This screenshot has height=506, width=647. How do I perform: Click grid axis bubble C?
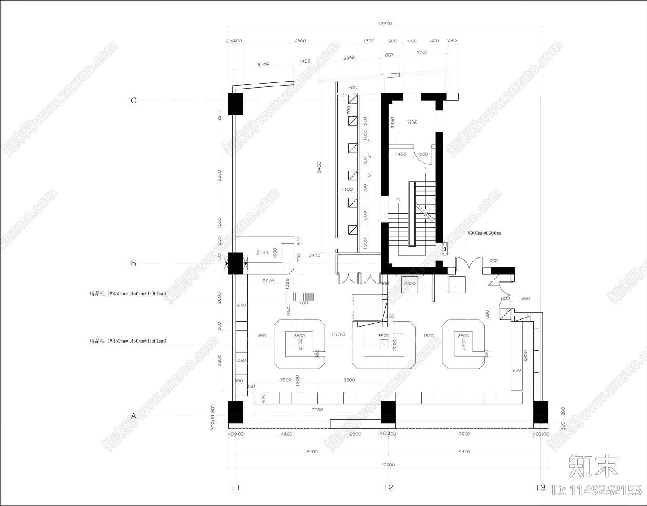pos(134,100)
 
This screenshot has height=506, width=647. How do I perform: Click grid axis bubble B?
pos(134,264)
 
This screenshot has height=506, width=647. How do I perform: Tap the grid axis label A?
pos(134,415)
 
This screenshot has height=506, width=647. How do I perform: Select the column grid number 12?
pos(388,488)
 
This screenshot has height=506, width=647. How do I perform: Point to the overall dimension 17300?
pos(385,23)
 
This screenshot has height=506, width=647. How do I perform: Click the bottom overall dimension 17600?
pos(388,465)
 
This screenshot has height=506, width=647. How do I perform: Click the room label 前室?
pos(412,122)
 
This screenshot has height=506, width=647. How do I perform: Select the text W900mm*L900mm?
pos(484,233)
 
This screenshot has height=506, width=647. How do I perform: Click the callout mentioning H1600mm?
pos(128,294)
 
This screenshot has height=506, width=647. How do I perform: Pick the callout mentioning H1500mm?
pos(128,341)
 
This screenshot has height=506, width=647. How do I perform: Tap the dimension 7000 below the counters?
pos(317,410)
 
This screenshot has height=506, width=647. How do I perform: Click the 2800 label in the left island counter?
pos(299,336)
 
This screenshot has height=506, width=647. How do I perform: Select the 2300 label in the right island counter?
pos(463,336)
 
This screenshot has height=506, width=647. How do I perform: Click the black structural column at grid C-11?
pos(236,103)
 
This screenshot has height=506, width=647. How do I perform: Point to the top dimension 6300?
pos(300,41)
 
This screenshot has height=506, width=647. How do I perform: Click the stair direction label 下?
pos(398,200)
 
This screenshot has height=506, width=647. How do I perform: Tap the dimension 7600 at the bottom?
pos(465,434)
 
